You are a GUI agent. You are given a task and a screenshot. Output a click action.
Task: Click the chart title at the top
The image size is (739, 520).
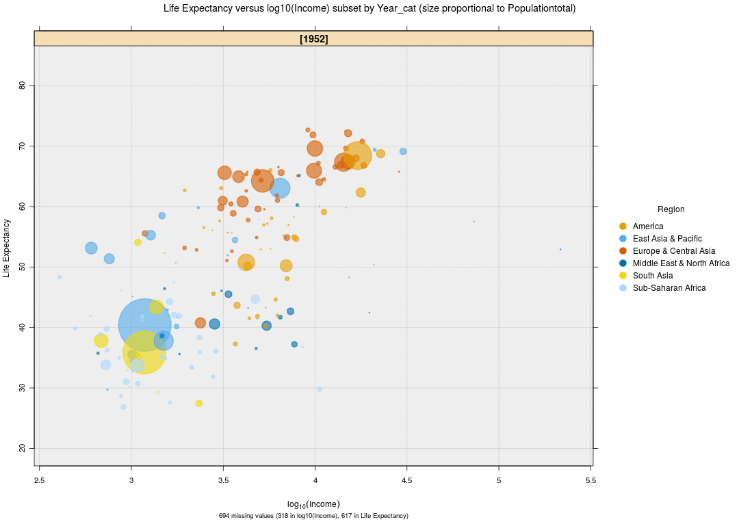click(x=369, y=9)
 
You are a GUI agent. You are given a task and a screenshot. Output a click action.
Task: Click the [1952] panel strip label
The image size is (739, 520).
click(x=313, y=39)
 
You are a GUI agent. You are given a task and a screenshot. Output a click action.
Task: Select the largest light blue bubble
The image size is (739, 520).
click(x=144, y=325)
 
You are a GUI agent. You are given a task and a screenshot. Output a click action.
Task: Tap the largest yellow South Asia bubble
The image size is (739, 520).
click(x=144, y=352)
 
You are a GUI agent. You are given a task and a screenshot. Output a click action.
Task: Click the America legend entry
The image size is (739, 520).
click(x=647, y=226)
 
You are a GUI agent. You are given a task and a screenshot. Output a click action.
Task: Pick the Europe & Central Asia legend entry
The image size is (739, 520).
click(x=673, y=251)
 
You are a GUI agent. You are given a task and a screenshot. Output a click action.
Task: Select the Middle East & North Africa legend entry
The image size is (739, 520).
click(x=680, y=263)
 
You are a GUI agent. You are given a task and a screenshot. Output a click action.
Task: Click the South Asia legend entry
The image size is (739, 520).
click(x=652, y=276)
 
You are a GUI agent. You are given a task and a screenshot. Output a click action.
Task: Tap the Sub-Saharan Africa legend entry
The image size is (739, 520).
click(x=669, y=288)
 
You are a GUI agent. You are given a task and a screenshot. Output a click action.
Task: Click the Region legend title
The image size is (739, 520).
click(x=671, y=209)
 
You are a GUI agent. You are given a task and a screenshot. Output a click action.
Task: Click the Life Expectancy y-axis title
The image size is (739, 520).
click(x=7, y=248)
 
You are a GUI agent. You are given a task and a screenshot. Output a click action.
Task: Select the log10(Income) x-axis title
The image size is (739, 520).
click(x=313, y=504)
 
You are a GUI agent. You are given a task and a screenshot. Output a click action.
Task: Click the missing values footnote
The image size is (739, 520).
click(x=313, y=516)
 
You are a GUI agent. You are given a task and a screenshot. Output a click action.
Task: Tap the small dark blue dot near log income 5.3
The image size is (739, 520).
click(x=560, y=250)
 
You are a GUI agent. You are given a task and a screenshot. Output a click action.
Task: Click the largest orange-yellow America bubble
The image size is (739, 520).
click(x=357, y=156)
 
